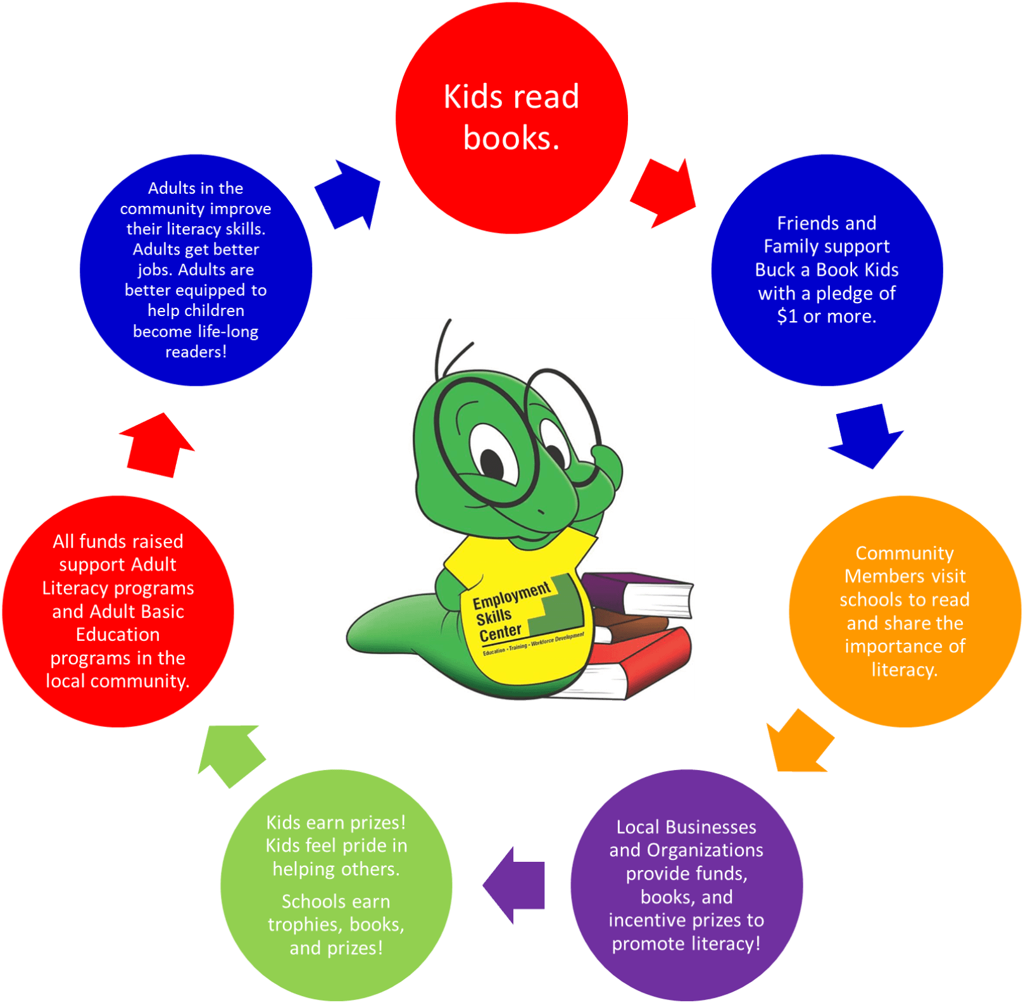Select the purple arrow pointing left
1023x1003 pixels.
click(x=515, y=885)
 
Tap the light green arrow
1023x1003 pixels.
click(x=229, y=755)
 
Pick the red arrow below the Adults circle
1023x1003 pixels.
click(x=156, y=445)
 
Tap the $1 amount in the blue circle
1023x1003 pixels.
click(x=788, y=316)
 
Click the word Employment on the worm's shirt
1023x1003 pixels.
click(x=511, y=596)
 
